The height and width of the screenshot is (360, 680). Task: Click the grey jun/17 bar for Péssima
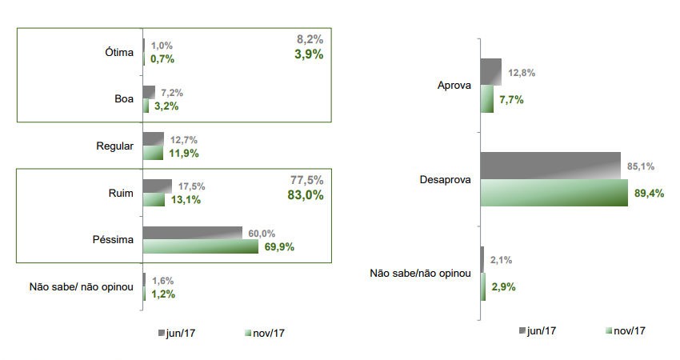192,233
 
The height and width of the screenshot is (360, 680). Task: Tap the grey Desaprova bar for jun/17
550,166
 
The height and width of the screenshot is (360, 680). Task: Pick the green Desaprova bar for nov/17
554,193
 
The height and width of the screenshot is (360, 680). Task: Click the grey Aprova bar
490,72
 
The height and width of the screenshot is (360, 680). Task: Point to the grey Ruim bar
157,186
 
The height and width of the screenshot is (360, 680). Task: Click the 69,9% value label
279,246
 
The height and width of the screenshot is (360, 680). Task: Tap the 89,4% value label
649,193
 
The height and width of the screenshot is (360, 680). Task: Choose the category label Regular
114,146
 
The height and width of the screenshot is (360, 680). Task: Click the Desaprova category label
445,179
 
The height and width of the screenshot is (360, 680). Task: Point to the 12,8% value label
520,73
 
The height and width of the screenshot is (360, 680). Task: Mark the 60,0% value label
262,233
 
